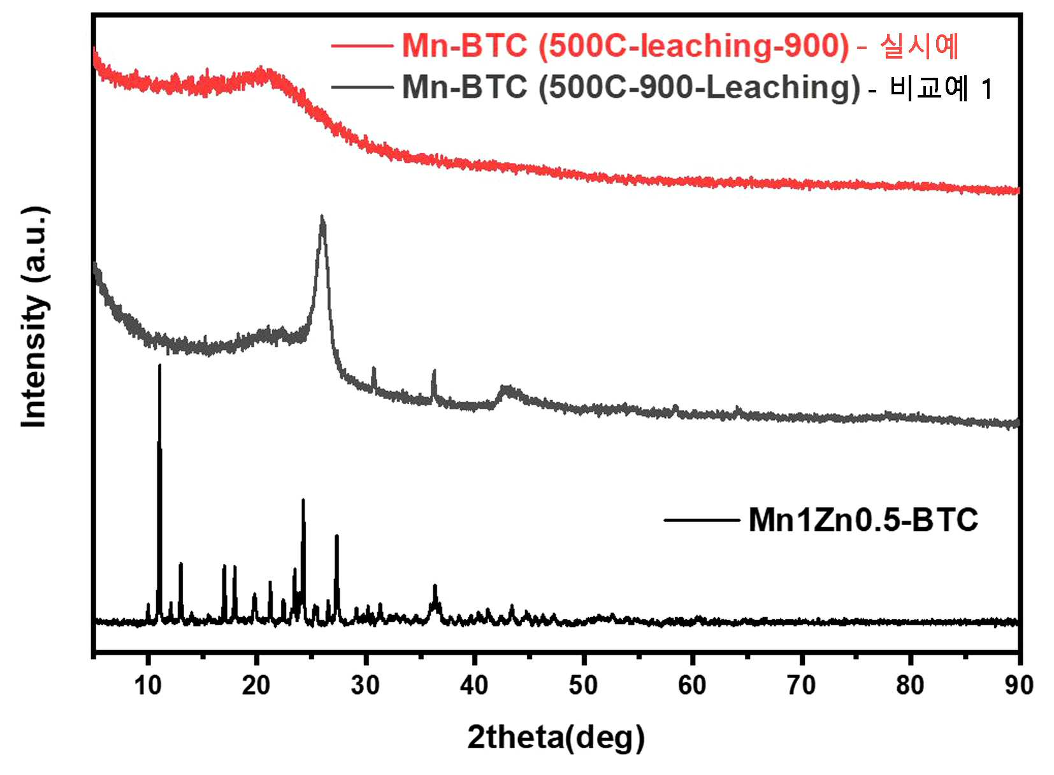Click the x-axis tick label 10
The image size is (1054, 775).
148,686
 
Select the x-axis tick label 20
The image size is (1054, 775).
256,686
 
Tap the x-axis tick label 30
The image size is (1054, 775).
365,686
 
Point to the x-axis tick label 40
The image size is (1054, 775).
474,686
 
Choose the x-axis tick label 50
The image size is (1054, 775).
583,686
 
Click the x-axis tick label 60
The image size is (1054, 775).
691,686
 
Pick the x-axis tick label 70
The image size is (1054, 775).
801,686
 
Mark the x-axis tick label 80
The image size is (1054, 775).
909,686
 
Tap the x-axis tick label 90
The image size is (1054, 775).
1019,686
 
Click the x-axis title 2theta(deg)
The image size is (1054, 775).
556,738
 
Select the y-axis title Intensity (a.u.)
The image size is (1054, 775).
35,317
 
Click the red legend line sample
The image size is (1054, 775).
363,46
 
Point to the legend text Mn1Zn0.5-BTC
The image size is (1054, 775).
863,520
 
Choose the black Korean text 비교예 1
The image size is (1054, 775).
941,88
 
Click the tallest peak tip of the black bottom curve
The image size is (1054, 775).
159,365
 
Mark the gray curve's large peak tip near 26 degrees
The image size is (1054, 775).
322,217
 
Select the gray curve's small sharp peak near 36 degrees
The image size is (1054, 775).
434,371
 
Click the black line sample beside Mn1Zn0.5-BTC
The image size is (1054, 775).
702,520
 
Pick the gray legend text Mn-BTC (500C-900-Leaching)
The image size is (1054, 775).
631,87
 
